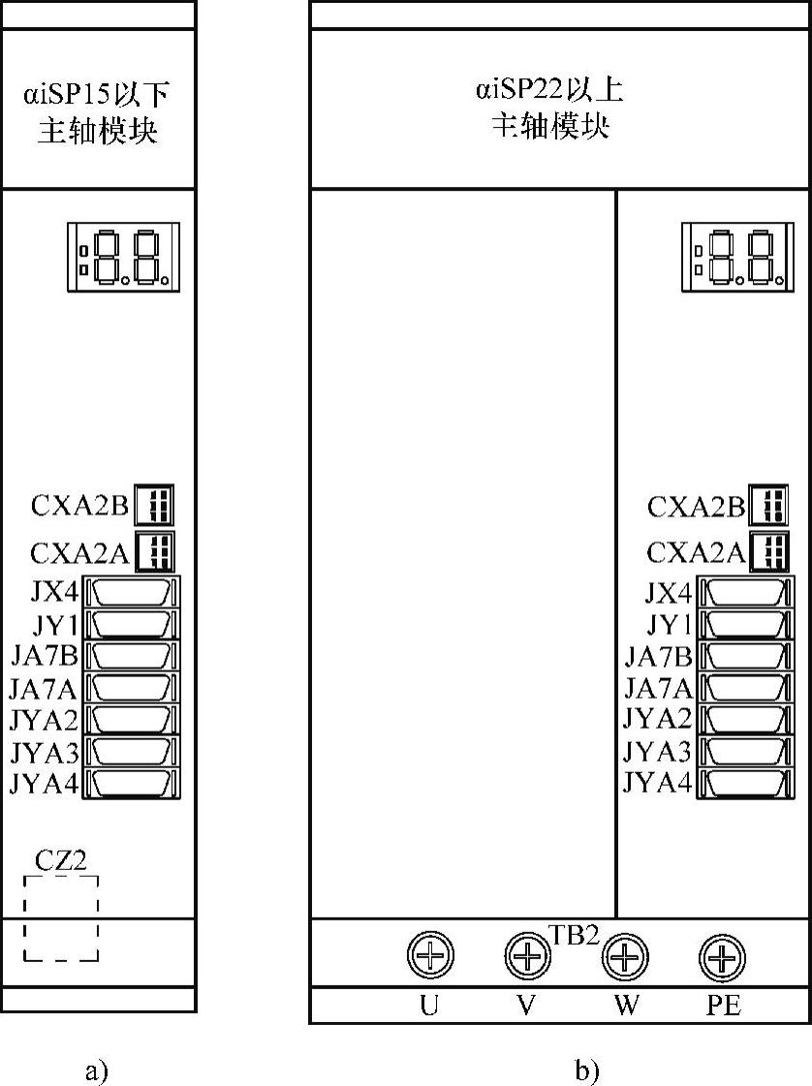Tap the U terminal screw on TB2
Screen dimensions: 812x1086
coord(430,954)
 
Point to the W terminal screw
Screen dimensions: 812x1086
coord(625,956)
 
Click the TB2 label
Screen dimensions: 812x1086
coord(575,935)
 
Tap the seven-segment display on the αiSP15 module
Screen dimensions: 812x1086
coord(123,257)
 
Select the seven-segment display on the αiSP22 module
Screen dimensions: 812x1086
coord(737,257)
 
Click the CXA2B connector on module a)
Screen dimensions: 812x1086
coord(154,504)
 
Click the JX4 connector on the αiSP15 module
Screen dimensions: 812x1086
coord(132,593)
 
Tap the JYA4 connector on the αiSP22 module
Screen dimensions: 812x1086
coord(745,784)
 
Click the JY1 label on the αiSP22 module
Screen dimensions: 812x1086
coord(670,625)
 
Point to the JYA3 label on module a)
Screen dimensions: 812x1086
coord(45,752)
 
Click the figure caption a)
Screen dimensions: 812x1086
coord(97,1070)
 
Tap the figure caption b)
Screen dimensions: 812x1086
coord(586,1070)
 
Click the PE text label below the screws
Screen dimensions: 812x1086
coord(723,1005)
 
